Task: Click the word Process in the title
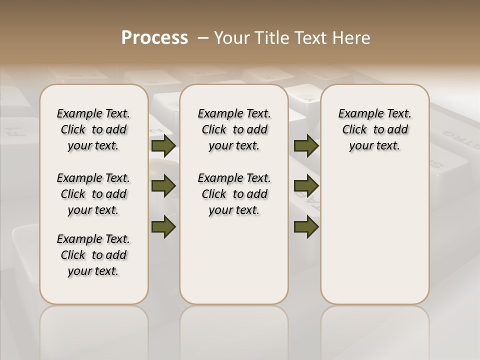pyautogui.click(x=154, y=38)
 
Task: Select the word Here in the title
pyautogui.click(x=350, y=38)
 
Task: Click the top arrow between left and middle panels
pyautogui.click(x=163, y=145)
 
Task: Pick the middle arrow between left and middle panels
pyautogui.click(x=163, y=186)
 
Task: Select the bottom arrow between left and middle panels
pyautogui.click(x=163, y=227)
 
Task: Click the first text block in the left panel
pyautogui.click(x=93, y=129)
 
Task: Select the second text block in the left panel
pyautogui.click(x=93, y=194)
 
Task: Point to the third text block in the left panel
pyautogui.click(x=93, y=255)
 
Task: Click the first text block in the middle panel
pyautogui.click(x=234, y=129)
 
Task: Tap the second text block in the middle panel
pyautogui.click(x=234, y=194)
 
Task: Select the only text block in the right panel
pyautogui.click(x=374, y=129)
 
